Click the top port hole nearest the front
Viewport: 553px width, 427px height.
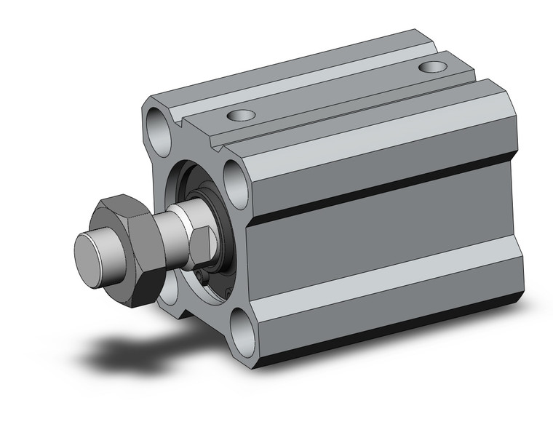tap(241, 114)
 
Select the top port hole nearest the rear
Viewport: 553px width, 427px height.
tap(434, 68)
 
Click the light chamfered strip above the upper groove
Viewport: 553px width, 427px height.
tap(378, 145)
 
